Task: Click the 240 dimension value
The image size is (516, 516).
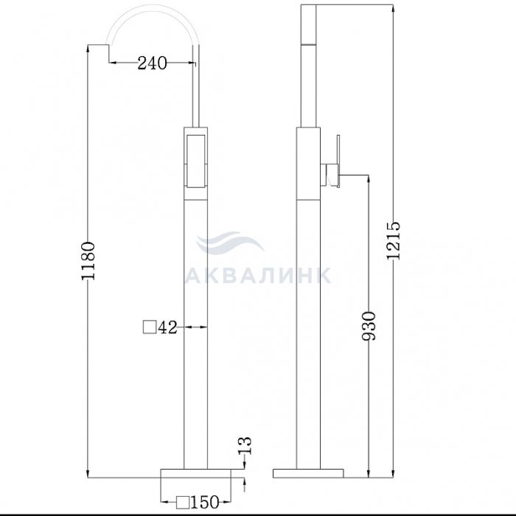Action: coord(152,63)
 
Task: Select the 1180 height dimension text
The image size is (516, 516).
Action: coord(88,261)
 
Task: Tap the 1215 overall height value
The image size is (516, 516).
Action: coord(393,241)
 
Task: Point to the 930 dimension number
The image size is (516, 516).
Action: coord(369,326)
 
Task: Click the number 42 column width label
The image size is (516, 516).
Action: coord(168,327)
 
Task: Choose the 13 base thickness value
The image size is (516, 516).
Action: coord(245,445)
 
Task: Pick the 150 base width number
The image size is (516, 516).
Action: coord(205,502)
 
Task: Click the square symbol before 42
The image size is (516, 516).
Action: coord(150,327)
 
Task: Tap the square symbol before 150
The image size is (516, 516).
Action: coord(183,503)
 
